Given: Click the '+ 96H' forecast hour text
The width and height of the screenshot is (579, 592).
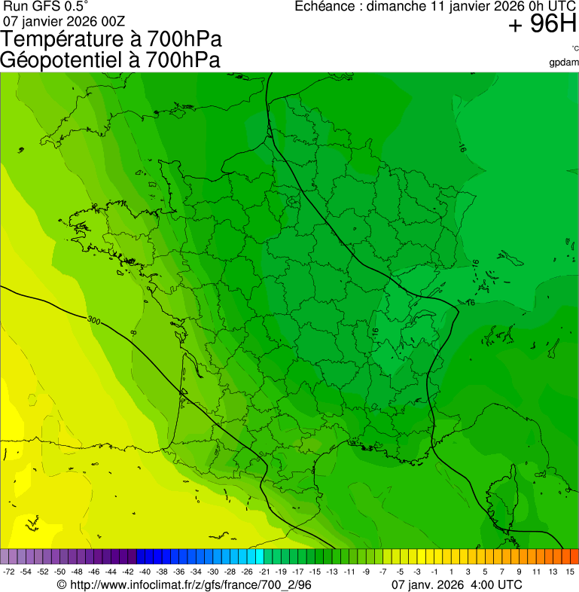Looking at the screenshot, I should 542,25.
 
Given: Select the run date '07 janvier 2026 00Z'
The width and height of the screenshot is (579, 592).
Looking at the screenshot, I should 64,20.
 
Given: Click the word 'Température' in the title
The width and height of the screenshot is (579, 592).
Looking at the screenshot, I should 59,39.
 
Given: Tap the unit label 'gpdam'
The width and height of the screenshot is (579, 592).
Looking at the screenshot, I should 564,63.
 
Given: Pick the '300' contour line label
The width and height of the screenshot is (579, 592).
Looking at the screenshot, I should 93,320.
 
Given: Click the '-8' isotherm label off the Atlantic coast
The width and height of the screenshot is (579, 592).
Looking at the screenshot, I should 133,332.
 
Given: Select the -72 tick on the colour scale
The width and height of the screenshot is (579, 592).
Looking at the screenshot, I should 9,572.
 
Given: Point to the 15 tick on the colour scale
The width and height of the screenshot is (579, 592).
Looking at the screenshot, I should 570,572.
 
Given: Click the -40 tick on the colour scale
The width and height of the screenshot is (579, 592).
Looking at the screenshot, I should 144,572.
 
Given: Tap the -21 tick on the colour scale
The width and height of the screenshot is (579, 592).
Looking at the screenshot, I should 264,572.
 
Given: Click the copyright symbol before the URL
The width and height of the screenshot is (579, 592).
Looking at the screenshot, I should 62,584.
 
